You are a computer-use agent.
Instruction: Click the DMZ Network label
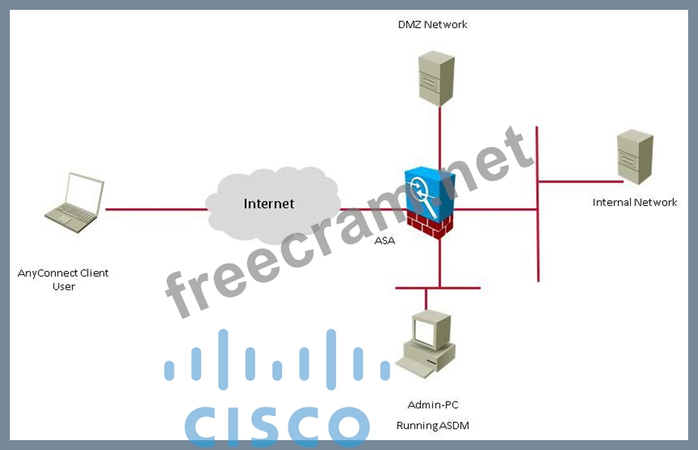tap(432, 24)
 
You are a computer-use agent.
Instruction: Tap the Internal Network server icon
tap(635, 157)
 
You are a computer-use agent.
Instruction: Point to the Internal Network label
tap(635, 202)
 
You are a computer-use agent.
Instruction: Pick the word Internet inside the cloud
tap(269, 204)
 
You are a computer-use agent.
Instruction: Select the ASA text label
tap(384, 241)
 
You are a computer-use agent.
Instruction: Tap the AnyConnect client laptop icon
tap(74, 202)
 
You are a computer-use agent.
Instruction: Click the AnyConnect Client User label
tap(63, 279)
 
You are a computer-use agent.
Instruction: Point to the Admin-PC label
tap(433, 405)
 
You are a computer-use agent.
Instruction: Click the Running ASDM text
tap(433, 426)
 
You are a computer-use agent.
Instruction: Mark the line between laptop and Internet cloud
tap(156, 208)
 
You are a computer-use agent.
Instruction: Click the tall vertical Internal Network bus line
tap(537, 242)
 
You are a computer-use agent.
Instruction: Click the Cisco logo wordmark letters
tap(276, 426)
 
